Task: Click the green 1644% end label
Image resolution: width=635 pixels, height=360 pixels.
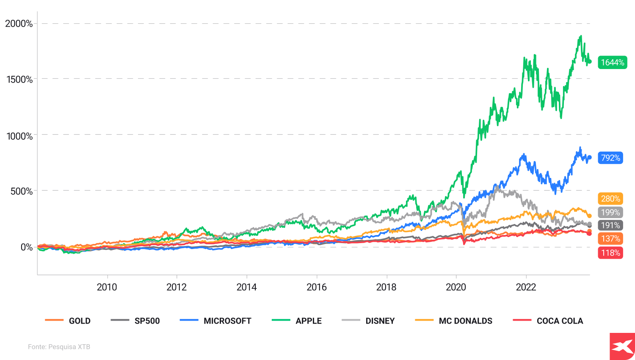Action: point(612,62)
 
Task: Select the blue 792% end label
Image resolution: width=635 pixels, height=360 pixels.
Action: point(610,158)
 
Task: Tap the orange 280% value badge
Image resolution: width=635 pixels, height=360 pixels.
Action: point(610,198)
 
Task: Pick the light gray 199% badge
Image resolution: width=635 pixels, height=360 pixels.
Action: point(610,212)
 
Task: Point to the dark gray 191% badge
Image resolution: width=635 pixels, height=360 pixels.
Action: point(610,225)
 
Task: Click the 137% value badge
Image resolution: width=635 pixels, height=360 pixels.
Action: point(610,238)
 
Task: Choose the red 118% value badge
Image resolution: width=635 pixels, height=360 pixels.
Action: point(610,253)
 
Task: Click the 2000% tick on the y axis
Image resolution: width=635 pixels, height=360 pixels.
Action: point(19,24)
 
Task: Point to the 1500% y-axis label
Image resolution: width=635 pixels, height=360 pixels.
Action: point(19,79)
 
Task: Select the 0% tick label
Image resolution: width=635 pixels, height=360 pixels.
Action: point(26,247)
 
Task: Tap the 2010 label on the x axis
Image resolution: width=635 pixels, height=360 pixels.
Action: point(107,287)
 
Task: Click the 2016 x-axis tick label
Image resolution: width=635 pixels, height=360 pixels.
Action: point(316,287)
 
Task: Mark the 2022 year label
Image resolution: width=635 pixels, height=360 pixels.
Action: point(526,287)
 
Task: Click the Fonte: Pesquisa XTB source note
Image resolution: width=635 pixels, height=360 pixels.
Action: point(59,347)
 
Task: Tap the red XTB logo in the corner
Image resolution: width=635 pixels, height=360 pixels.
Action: point(622,346)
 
